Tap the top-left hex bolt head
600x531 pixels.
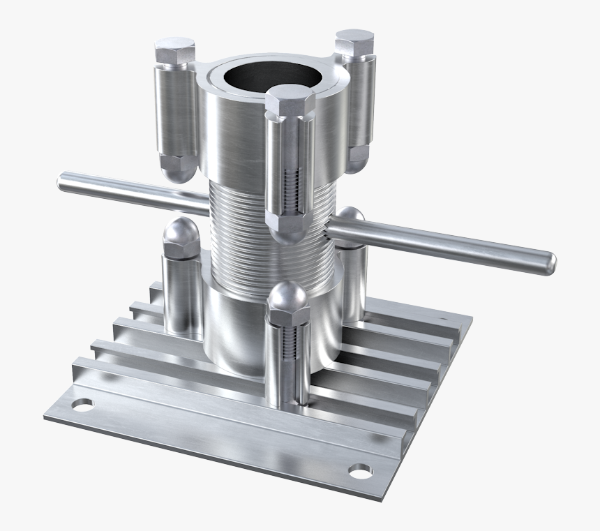click(174, 52)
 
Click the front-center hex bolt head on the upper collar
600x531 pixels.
click(290, 102)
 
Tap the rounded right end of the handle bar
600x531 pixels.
click(548, 262)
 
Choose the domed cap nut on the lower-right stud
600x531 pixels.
click(351, 220)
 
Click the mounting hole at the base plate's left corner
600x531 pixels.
click(82, 404)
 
